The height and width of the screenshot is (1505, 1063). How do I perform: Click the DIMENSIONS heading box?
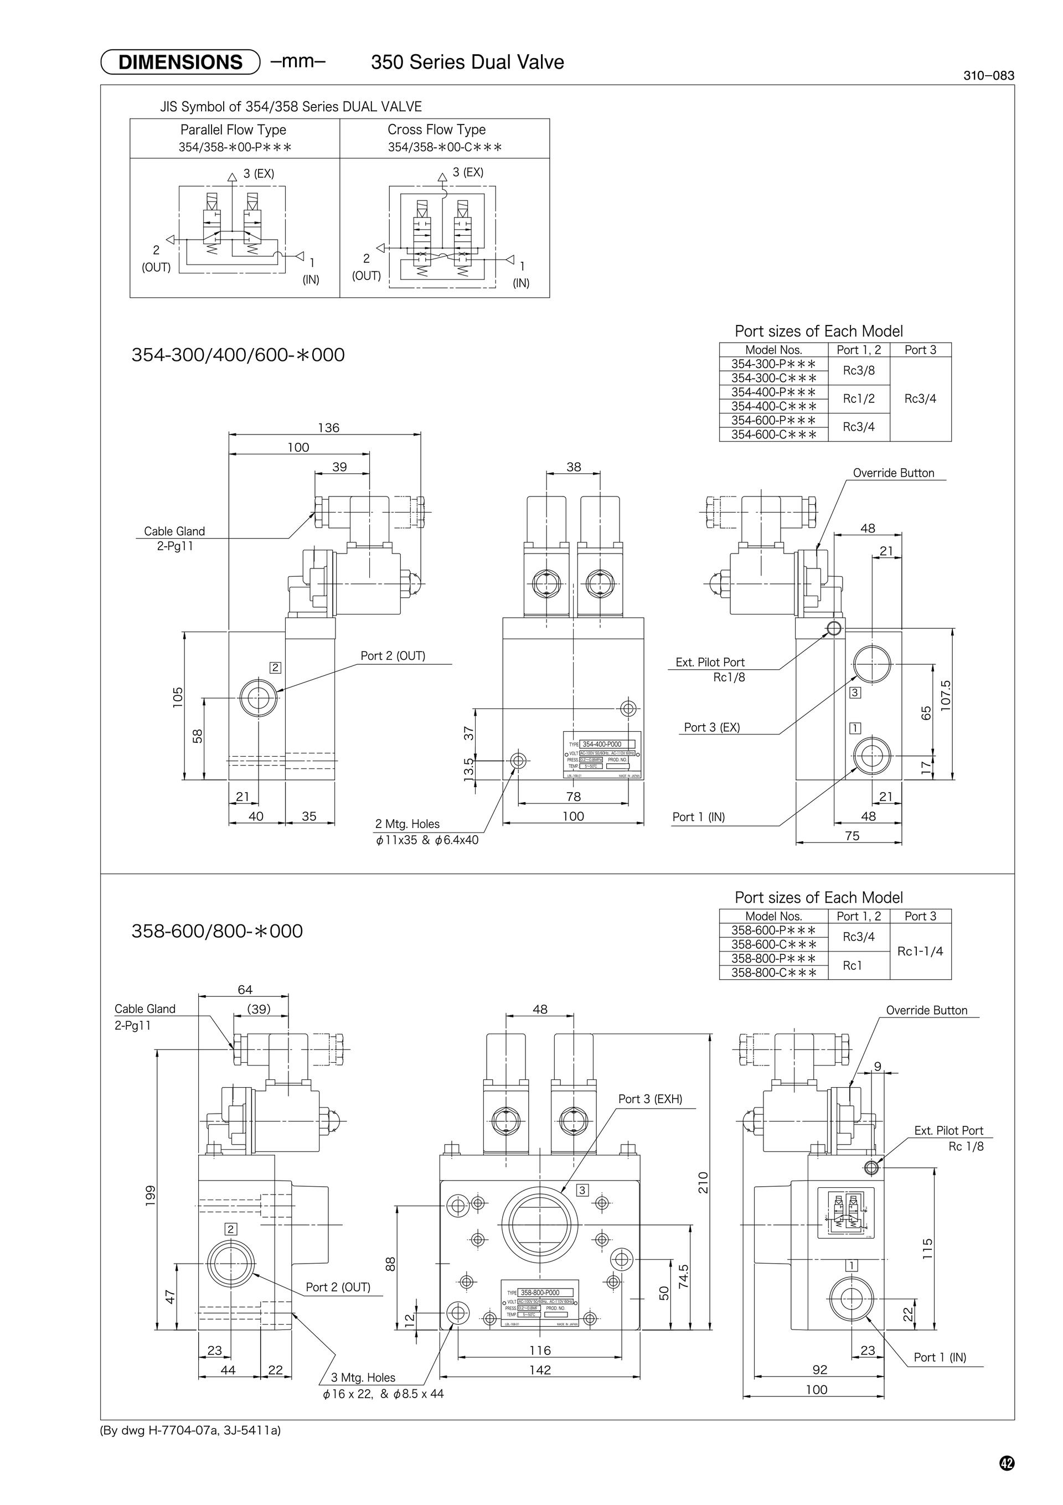(180, 63)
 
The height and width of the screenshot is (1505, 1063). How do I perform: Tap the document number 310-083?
(988, 75)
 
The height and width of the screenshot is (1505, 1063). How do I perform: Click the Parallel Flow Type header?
(234, 130)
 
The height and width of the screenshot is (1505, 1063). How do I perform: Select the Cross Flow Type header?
(436, 130)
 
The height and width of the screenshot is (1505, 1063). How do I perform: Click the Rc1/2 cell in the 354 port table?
(858, 399)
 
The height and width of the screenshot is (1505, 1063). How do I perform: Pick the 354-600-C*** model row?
(774, 434)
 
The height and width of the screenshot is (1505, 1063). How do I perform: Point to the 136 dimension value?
(328, 428)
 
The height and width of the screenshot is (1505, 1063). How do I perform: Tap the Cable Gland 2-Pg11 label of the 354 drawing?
(174, 538)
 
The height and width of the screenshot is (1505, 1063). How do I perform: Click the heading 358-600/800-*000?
(217, 931)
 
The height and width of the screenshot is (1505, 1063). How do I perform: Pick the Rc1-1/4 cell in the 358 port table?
(920, 951)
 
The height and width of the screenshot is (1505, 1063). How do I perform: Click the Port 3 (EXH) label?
(650, 1099)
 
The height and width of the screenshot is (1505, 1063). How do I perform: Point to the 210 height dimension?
(703, 1182)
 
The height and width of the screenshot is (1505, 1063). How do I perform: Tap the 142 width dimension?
(540, 1370)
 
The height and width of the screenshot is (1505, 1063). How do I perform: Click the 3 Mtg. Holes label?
(363, 1378)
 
